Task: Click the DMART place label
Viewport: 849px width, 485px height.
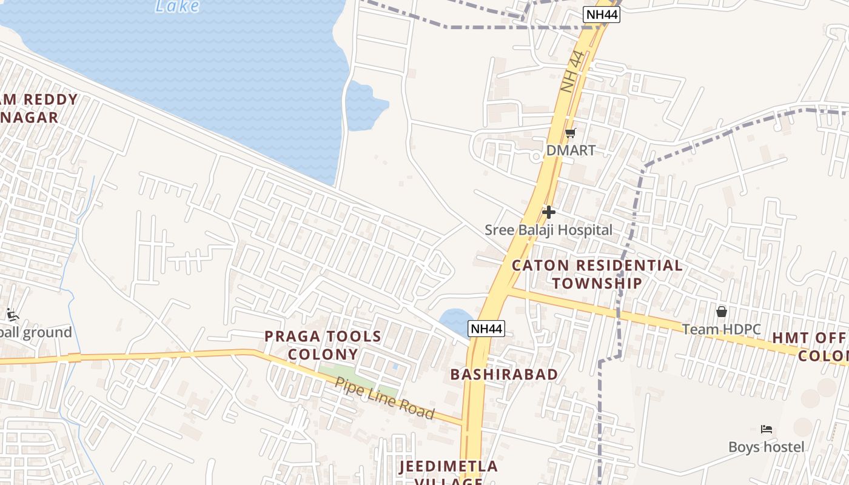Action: click(x=571, y=150)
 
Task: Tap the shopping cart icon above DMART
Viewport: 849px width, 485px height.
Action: click(x=570, y=133)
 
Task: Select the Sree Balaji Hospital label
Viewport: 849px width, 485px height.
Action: click(x=548, y=230)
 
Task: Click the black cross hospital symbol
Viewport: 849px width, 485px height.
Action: click(x=549, y=212)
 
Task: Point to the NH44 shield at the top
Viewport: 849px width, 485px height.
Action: click(x=601, y=15)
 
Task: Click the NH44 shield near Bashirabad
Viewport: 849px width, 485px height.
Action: click(x=487, y=329)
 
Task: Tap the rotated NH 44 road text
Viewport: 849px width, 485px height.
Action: click(x=572, y=72)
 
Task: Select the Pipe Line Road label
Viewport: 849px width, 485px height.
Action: click(x=384, y=398)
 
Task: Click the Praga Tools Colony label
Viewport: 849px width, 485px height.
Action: click(x=323, y=345)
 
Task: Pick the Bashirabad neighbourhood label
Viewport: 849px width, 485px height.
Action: click(x=504, y=374)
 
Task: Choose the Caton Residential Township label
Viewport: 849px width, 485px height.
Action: click(x=597, y=274)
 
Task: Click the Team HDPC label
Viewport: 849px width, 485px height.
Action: click(x=721, y=329)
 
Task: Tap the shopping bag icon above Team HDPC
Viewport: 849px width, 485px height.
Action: click(x=722, y=312)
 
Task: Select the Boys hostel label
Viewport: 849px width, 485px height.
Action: click(x=767, y=447)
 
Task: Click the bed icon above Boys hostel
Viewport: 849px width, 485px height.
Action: click(x=767, y=429)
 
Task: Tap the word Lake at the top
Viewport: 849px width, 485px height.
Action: click(x=177, y=6)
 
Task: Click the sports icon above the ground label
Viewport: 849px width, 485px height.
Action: click(x=12, y=314)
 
